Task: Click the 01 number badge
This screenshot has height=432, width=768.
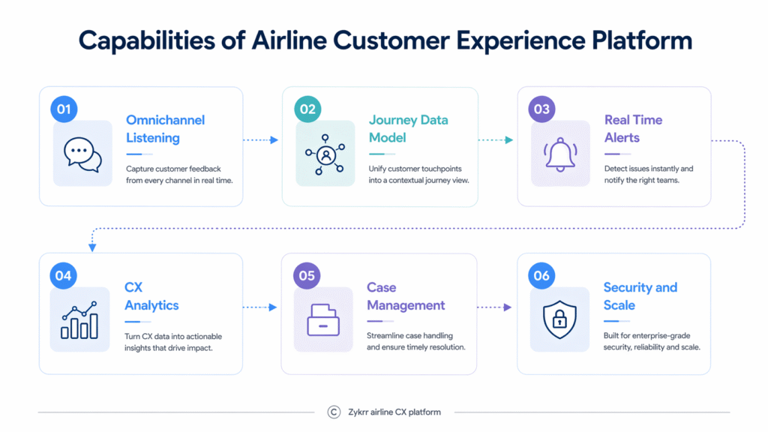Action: tap(64, 109)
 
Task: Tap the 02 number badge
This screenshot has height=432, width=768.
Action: tap(307, 109)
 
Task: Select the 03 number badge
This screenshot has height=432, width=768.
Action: tap(541, 109)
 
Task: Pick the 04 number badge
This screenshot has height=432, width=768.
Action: tap(64, 275)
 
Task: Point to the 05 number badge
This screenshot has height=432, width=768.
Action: tap(307, 275)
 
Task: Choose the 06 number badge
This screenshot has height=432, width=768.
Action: tap(541, 275)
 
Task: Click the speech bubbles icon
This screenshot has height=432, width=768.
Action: tap(82, 154)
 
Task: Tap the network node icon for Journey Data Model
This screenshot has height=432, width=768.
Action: tap(325, 154)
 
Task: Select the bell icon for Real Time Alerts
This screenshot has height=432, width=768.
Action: tap(560, 154)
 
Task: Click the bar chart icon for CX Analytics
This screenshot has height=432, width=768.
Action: tap(79, 320)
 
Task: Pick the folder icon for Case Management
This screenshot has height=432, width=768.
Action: tap(323, 320)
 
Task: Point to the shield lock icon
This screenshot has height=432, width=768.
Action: tap(559, 320)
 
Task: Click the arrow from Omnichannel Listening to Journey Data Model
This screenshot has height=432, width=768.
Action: tap(261, 140)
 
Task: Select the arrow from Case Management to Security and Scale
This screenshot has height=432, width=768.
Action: tap(495, 307)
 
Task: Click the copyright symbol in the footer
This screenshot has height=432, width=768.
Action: tap(334, 412)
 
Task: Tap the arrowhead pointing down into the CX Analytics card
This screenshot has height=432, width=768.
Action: tap(92, 247)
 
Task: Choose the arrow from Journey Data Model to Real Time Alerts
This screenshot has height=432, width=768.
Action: tap(496, 140)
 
